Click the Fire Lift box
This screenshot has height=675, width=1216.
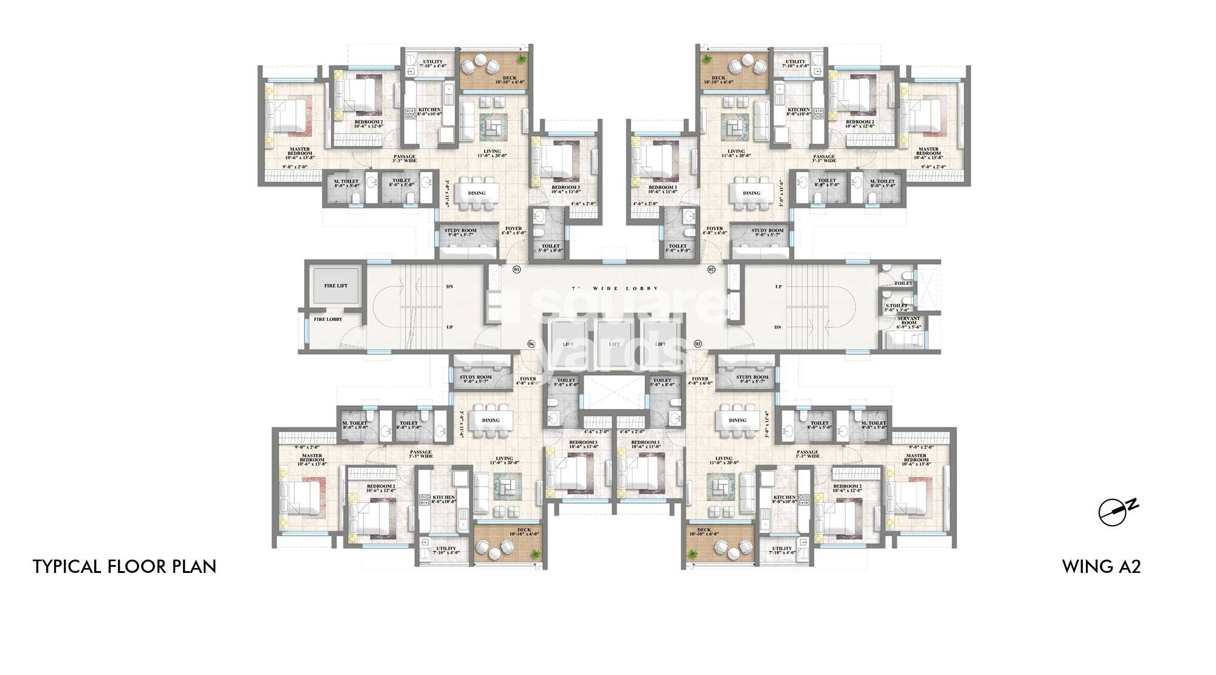pyautogui.click(x=336, y=285)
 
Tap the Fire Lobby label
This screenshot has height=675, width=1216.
pyautogui.click(x=328, y=319)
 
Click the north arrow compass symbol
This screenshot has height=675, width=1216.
pyautogui.click(x=1113, y=512)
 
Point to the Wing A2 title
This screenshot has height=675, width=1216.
pyautogui.click(x=1101, y=566)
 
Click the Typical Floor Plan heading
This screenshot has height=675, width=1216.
pyautogui.click(x=125, y=566)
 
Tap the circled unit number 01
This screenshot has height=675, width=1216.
pyautogui.click(x=517, y=269)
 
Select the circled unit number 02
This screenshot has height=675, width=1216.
pyautogui.click(x=711, y=269)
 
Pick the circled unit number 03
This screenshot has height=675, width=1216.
pyautogui.click(x=698, y=344)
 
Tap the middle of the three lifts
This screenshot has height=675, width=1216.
pyautogui.click(x=615, y=344)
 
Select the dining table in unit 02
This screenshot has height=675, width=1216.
pyautogui.click(x=751, y=193)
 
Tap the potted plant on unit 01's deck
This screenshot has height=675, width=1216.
pyautogui.click(x=522, y=58)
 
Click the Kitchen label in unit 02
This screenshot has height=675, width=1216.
pyautogui.click(x=799, y=111)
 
